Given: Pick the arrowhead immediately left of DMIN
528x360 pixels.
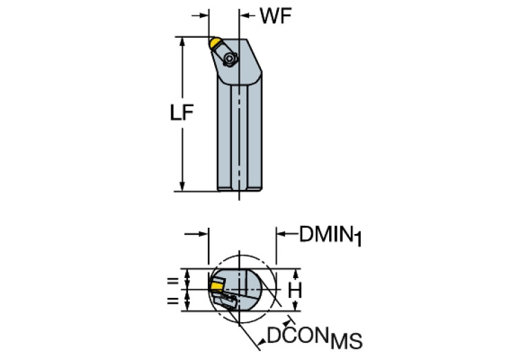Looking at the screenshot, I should point(281,234).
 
